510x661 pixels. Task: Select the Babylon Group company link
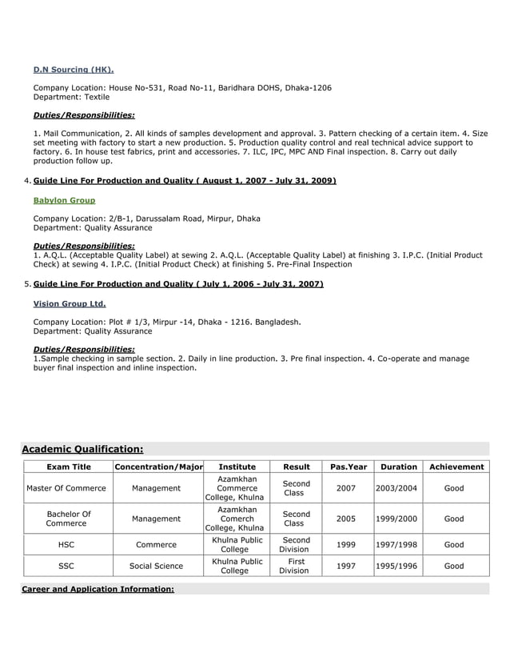64,200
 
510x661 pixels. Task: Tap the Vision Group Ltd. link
70,304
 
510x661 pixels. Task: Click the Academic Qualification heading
82,449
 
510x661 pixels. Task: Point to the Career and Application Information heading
98,589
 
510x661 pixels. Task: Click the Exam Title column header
69,467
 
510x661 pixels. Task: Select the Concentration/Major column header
159,467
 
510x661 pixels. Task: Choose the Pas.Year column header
346,467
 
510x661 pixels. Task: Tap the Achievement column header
456,467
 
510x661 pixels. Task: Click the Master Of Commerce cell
67,488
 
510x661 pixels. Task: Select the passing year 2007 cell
346,488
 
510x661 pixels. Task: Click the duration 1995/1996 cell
398,566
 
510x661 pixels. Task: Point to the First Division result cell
293,566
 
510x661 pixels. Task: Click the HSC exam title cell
67,545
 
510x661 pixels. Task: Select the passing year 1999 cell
346,545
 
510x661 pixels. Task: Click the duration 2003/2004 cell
398,488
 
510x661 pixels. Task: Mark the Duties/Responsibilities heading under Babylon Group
84,246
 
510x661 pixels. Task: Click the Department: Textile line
71,97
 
